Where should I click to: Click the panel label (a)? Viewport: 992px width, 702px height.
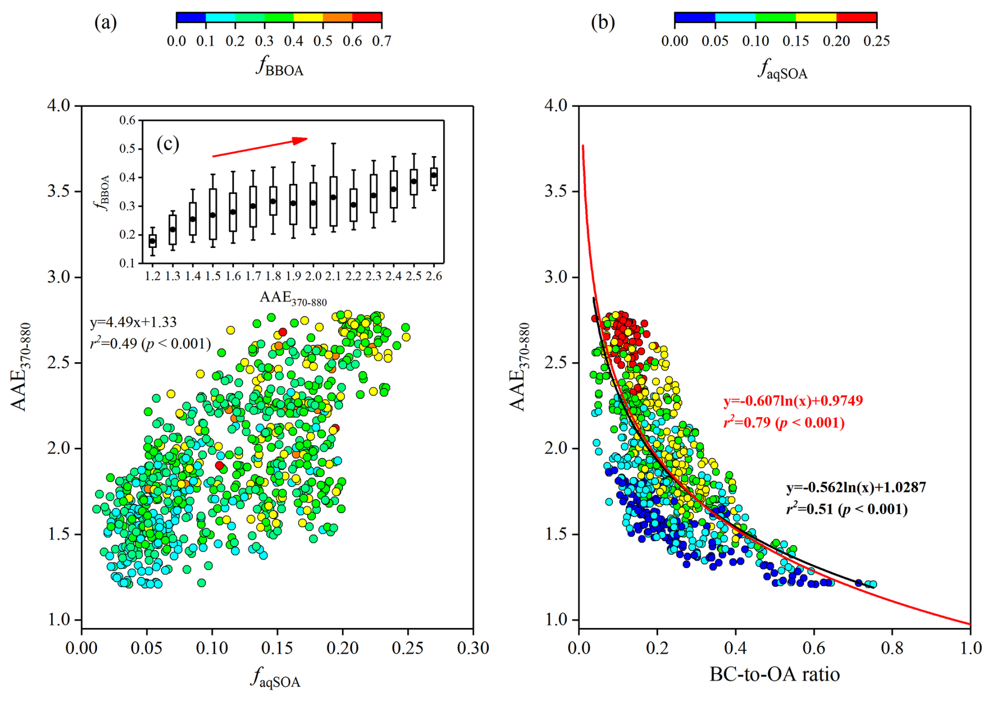coord(105,23)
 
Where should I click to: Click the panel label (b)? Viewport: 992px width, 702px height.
coord(602,23)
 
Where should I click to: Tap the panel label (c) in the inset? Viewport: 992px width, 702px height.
coord(168,144)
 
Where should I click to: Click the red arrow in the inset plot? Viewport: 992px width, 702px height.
coord(260,147)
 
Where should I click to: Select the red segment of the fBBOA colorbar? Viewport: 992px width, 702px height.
coord(367,17)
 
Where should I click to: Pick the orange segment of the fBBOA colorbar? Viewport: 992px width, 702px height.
coord(338,17)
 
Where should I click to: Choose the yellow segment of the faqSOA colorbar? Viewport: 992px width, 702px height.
coord(816,17)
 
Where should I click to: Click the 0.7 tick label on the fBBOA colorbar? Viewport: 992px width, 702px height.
coord(382,41)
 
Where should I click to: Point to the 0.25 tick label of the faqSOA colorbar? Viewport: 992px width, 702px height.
coord(877,41)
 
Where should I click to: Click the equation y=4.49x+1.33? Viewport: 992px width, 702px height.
coord(133,322)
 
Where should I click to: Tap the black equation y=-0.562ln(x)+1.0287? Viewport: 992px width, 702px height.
coord(856,488)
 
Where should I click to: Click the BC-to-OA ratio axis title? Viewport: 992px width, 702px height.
coord(774,674)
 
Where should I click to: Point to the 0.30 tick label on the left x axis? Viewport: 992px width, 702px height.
coord(473,648)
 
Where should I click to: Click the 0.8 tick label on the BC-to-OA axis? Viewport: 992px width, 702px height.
coord(892,648)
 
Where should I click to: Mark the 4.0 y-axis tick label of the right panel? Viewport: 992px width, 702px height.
coord(556,105)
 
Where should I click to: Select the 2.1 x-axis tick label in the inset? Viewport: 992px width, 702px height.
coord(333,276)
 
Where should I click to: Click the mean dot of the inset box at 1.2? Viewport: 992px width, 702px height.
coord(153,241)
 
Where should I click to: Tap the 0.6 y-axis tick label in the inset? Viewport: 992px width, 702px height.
coord(127,121)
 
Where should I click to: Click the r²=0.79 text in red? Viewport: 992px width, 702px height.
coord(784,423)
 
